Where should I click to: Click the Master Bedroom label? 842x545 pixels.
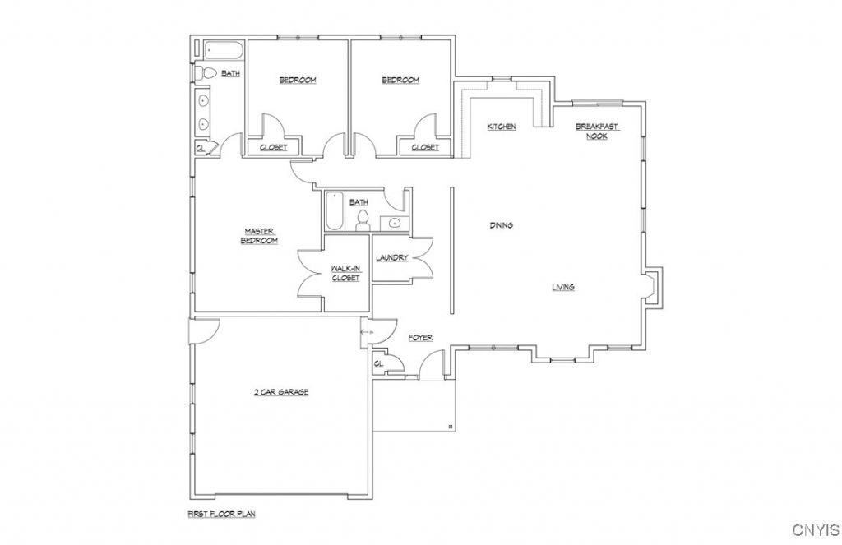pyautogui.click(x=259, y=236)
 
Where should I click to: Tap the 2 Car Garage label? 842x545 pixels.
pyautogui.click(x=281, y=392)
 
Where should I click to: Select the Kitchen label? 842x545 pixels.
pyautogui.click(x=502, y=127)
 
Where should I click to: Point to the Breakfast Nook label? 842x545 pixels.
pyautogui.click(x=597, y=132)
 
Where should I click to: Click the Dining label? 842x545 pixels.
pyautogui.click(x=502, y=225)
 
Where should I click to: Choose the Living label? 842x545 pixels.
pyautogui.click(x=563, y=287)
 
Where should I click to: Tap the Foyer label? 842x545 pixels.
pyautogui.click(x=420, y=338)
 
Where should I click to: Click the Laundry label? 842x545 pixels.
pyautogui.click(x=392, y=258)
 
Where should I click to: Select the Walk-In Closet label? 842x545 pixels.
pyautogui.click(x=345, y=273)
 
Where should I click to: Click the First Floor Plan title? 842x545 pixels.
pyautogui.click(x=221, y=514)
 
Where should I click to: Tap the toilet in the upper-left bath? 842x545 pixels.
pyautogui.click(x=205, y=73)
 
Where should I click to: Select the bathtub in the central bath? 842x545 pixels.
pyautogui.click(x=334, y=210)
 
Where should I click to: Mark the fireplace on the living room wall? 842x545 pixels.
pyautogui.click(x=653, y=286)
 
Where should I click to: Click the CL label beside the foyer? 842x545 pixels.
pyautogui.click(x=378, y=364)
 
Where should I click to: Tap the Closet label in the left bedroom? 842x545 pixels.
pyautogui.click(x=273, y=148)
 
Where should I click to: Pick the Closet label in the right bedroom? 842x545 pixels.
pyautogui.click(x=425, y=148)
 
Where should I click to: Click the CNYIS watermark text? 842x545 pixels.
pyautogui.click(x=817, y=530)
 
